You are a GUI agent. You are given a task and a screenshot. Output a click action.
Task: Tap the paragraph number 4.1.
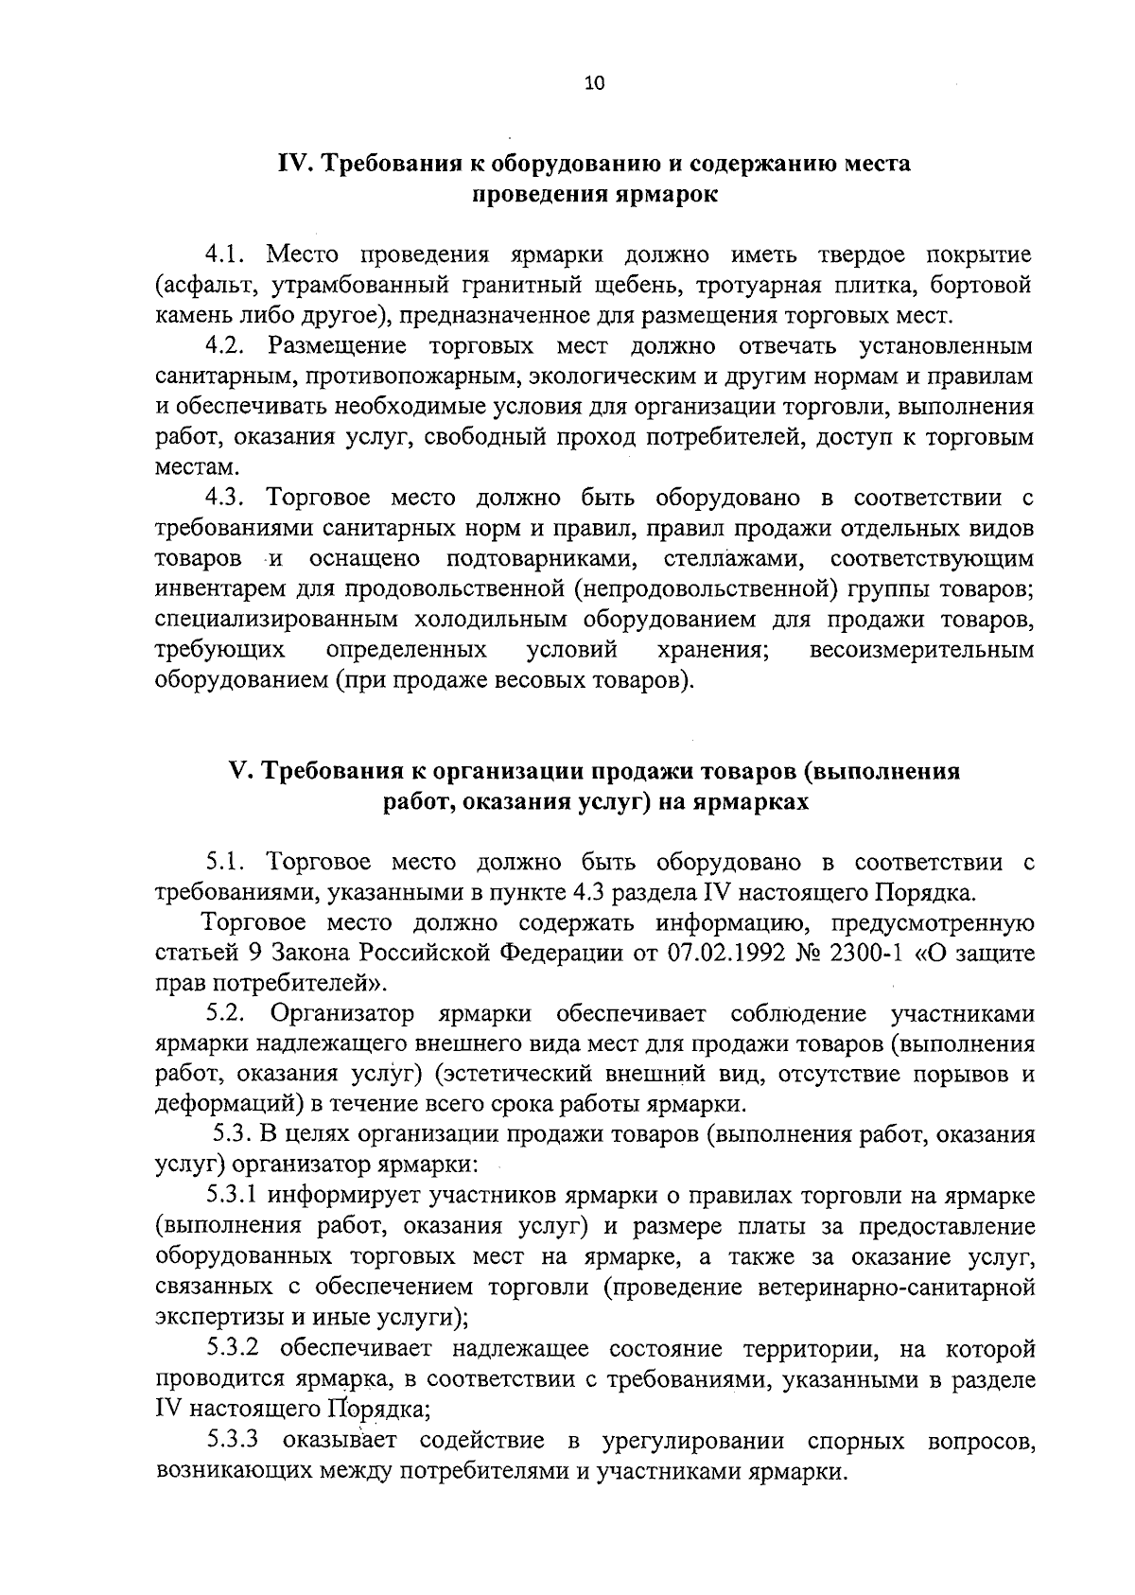click(x=227, y=254)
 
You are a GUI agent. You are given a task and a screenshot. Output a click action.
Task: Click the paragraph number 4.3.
click(x=228, y=498)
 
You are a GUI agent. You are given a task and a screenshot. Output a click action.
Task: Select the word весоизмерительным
click(x=922, y=650)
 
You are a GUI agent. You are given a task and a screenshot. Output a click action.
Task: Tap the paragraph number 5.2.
click(x=228, y=1014)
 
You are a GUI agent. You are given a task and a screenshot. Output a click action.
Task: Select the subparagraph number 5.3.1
click(x=236, y=1197)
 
